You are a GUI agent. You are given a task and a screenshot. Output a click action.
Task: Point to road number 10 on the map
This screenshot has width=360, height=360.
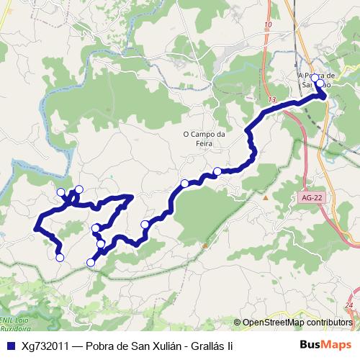(x=269, y=25)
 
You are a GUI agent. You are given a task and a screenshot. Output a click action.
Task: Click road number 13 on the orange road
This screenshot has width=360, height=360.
(x=271, y=99)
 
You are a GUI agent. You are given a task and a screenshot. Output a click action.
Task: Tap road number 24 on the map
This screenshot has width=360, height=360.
(x=348, y=306)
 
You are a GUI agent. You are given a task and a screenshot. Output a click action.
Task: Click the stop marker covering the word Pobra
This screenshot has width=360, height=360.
(x=315, y=77)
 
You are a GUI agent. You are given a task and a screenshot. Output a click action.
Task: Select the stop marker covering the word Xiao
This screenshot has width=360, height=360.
(x=321, y=85)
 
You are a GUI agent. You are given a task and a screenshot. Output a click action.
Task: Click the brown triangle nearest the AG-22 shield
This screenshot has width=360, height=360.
(x=266, y=197)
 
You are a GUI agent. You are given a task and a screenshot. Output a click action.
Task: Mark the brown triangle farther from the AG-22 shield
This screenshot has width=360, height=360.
(x=205, y=245)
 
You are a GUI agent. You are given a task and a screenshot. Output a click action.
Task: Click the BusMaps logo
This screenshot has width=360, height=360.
(x=328, y=345)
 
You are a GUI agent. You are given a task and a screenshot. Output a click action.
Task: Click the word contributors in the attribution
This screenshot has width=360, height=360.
(x=328, y=323)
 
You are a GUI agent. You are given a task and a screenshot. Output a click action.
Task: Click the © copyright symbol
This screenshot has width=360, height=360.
(x=237, y=323)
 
